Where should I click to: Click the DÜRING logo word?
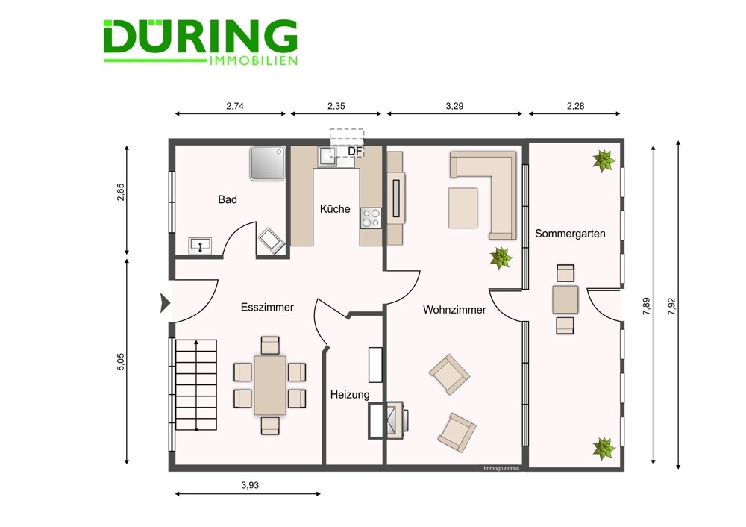point(200,36)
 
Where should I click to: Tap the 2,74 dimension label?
point(235,106)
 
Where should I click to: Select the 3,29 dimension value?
point(454,106)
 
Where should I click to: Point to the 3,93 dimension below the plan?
point(250,486)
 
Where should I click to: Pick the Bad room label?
point(228,199)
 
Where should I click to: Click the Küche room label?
point(335,209)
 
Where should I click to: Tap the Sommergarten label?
point(570,234)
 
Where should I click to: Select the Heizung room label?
point(350,395)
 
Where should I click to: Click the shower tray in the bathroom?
point(267,163)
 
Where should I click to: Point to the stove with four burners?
point(371,219)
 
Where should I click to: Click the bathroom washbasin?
point(200,245)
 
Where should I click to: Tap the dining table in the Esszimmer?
point(270,385)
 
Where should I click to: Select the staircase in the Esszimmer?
point(196,384)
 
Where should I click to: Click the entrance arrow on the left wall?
point(165,302)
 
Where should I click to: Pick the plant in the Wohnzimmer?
point(501,258)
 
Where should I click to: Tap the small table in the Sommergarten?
point(565,299)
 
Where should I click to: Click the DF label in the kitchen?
point(355,152)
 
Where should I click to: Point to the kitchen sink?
point(327,156)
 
